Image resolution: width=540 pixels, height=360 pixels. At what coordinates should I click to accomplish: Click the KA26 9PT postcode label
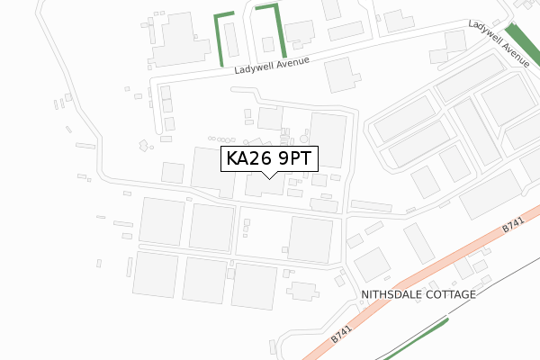(x=269, y=159)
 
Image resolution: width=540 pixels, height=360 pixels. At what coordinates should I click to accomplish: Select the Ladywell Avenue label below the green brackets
(x=272, y=65)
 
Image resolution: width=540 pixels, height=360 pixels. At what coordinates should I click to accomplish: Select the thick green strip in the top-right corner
(x=522, y=41)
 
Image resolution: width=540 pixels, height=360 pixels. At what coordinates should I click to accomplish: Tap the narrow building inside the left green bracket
(x=230, y=40)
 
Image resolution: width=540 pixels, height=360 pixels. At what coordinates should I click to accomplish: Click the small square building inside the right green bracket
(x=267, y=43)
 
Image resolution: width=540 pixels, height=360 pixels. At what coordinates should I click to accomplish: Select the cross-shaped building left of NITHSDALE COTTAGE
(x=304, y=292)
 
